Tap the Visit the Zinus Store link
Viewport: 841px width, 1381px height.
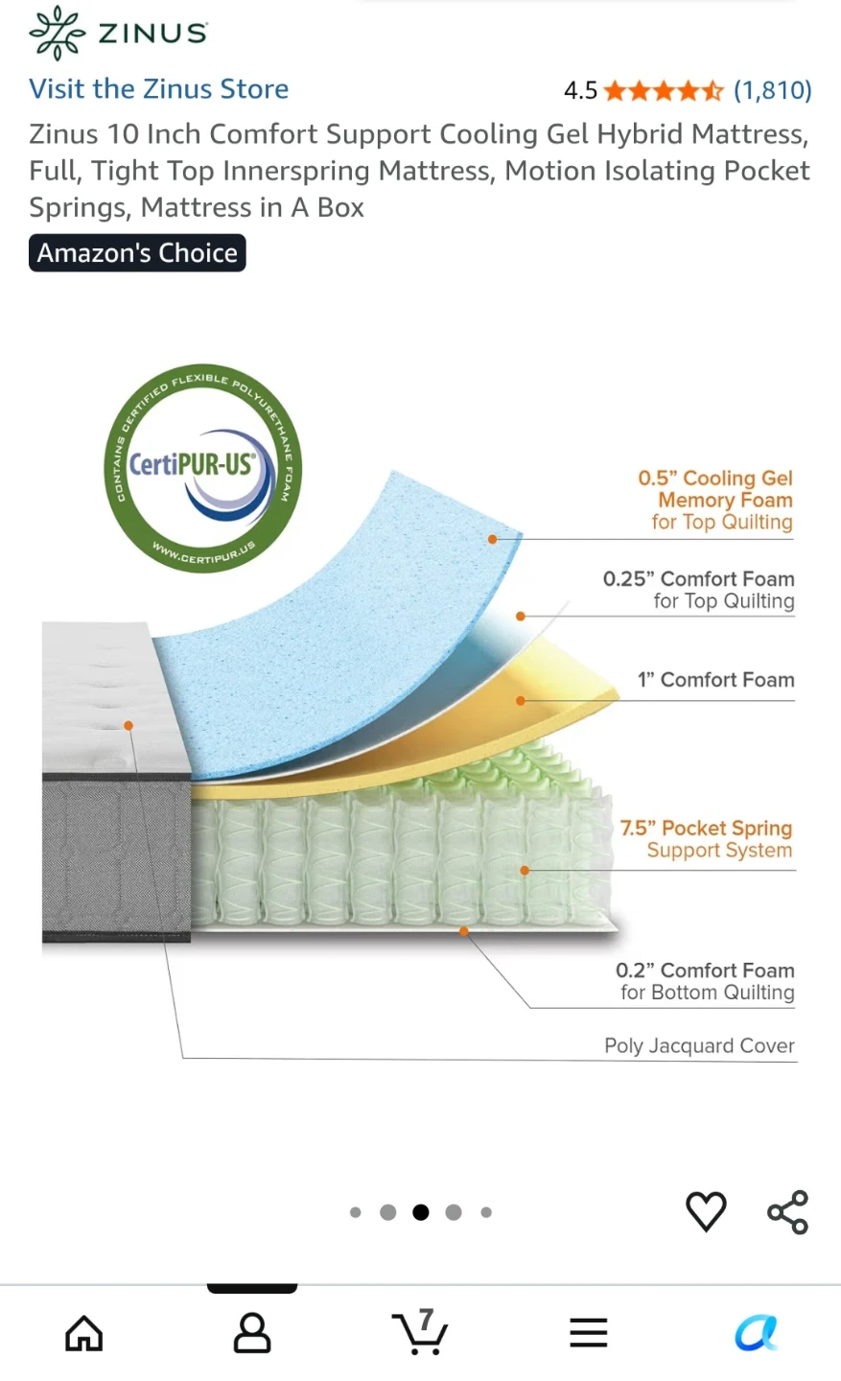158,89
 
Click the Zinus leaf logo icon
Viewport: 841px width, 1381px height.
57,33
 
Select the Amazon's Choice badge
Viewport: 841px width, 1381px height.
137,253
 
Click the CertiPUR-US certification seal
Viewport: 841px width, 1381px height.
203,468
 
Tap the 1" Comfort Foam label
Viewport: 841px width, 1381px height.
715,679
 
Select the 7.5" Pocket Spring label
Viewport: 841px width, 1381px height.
706,828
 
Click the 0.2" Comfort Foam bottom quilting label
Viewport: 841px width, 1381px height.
705,981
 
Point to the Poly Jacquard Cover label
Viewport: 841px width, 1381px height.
699,1045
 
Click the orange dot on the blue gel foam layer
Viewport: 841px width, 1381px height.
492,539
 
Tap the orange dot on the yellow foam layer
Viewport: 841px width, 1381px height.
521,701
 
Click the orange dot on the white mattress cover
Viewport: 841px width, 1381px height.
128,726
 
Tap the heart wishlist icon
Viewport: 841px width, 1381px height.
706,1211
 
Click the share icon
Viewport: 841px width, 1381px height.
788,1212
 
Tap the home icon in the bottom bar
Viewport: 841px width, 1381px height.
83,1333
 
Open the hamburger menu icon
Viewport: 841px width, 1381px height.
588,1333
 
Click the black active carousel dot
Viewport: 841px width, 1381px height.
420,1212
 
